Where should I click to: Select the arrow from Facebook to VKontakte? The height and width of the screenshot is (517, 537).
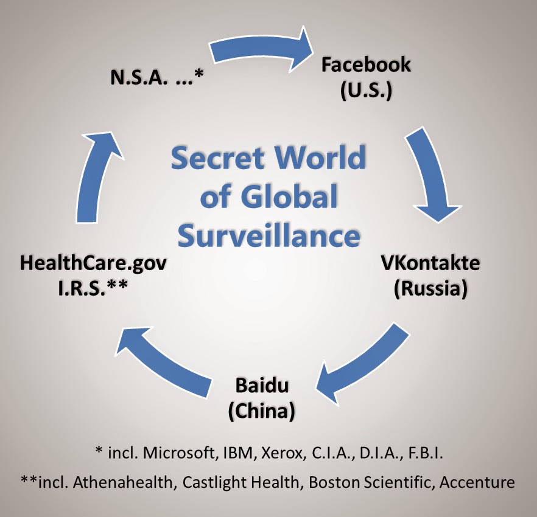[434, 176]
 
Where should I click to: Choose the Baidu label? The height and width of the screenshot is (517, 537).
[261, 386]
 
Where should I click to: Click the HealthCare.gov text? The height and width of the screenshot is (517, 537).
[93, 264]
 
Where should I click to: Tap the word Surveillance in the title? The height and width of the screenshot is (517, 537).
[268, 235]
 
